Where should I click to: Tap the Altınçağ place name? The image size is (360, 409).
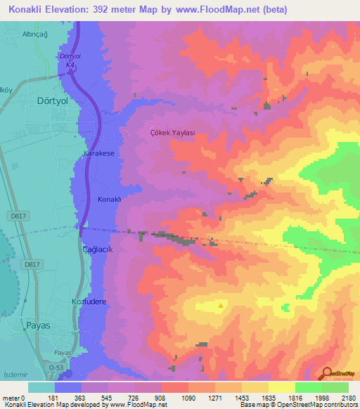tap(37, 33)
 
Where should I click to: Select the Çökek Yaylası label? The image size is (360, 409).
tap(172, 132)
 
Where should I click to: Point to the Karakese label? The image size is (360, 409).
tap(98, 152)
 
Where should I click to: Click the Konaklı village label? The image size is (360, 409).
tap(110, 199)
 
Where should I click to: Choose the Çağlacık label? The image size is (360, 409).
tap(98, 249)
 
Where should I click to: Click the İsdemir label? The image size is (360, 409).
tap(18, 374)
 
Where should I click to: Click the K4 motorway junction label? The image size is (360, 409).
tap(70, 65)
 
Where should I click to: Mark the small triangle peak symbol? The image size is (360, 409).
tap(221, 305)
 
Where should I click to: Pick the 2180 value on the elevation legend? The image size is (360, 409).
tap(348, 398)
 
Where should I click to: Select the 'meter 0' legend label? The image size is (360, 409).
tap(15, 398)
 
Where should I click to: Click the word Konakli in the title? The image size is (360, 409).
tap(26, 9)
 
